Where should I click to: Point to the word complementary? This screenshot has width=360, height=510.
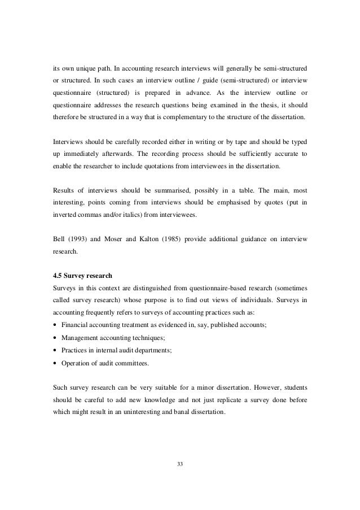click(x=211, y=116)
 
